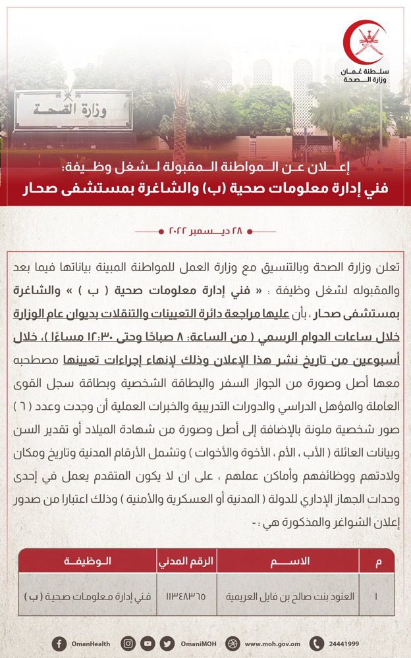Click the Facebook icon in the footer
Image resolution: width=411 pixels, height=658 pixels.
tap(59, 644)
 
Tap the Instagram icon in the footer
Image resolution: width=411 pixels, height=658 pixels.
tap(129, 644)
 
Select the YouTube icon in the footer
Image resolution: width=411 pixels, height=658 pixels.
tap(148, 644)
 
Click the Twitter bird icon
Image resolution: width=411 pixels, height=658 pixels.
tap(167, 644)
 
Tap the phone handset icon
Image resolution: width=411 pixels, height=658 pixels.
tap(317, 644)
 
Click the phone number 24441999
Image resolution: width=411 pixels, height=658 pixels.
tap(344, 644)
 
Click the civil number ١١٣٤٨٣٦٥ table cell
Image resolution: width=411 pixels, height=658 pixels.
tap(186, 597)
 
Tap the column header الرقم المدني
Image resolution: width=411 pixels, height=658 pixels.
tap(186, 561)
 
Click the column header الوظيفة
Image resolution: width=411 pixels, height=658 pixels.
tap(87, 561)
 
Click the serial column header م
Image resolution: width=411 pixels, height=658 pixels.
tap(377, 561)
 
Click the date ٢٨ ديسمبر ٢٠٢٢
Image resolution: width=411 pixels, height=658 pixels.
tap(206, 232)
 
